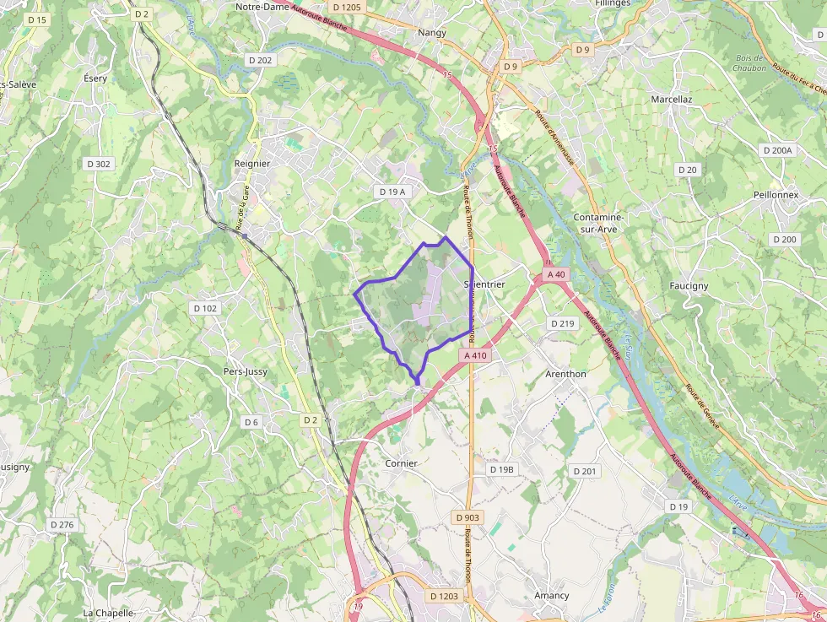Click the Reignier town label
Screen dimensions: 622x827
251,164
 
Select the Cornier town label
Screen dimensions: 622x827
401,463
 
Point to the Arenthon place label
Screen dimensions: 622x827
565,374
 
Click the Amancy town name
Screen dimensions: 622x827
551,595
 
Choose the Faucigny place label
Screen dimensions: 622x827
689,286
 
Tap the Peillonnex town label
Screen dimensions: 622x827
776,195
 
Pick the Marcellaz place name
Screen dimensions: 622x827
671,100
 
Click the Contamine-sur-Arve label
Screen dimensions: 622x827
603,223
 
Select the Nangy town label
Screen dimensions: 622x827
431,33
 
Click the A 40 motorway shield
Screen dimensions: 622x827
555,274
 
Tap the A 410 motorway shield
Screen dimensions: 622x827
476,355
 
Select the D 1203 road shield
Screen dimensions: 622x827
443,596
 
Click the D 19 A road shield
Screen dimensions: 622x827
392,192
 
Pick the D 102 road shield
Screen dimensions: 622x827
205,308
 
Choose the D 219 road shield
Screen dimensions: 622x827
561,323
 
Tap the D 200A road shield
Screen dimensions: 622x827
777,150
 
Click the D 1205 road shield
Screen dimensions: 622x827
346,8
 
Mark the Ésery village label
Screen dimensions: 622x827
95,78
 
